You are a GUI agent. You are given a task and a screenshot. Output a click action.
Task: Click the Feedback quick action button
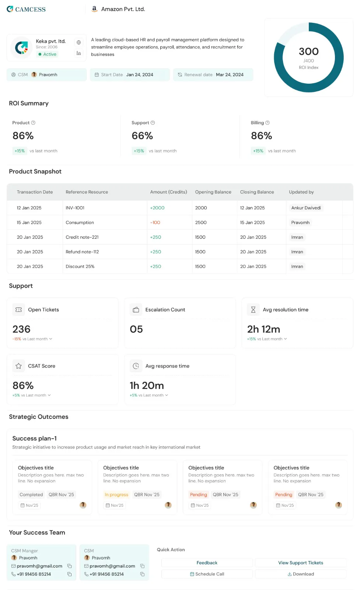[207, 562]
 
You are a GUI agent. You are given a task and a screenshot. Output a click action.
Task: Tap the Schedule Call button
[207, 574]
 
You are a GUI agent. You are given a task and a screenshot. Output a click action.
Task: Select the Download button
[301, 574]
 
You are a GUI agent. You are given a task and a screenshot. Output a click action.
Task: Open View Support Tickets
[301, 562]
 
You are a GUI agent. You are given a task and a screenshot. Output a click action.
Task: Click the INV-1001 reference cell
[75, 208]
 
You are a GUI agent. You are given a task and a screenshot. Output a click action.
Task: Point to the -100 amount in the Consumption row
[155, 222]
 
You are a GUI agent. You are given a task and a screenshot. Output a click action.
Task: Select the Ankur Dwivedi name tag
[306, 208]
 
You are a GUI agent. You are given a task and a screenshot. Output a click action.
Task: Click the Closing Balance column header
[257, 192]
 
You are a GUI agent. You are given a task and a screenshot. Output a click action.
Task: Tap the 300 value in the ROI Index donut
[308, 51]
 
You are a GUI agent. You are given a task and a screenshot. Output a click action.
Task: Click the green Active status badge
[48, 54]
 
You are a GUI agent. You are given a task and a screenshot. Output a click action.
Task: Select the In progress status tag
[116, 494]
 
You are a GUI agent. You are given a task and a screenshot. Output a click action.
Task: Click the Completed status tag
[31, 494]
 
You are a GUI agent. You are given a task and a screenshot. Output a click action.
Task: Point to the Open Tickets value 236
[21, 329]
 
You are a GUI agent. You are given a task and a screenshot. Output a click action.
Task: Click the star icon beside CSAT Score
[18, 365]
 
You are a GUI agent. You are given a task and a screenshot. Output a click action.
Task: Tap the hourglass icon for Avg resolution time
[253, 309]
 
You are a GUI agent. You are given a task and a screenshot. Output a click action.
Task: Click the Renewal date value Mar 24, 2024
[230, 74]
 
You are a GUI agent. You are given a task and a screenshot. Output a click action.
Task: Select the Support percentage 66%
[142, 136]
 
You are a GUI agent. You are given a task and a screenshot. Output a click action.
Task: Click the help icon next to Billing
[268, 122]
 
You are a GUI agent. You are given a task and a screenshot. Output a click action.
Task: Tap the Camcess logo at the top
[26, 9]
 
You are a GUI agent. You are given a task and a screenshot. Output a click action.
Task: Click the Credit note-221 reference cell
[82, 237]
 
